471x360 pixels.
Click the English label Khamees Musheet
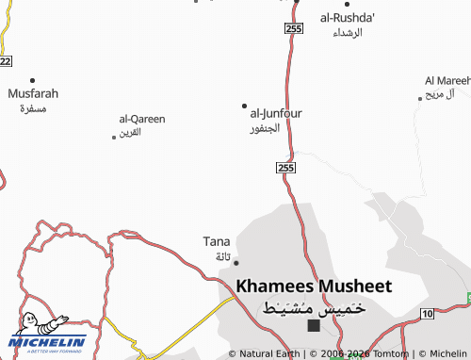coord(314,286)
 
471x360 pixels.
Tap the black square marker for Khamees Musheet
coord(314,326)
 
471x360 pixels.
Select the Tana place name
coord(217,241)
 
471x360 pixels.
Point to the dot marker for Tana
coord(235,262)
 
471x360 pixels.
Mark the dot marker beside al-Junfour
coord(245,106)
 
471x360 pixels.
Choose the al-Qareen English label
coord(142,119)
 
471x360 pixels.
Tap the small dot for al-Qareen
coord(114,138)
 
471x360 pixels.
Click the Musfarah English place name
coord(33,94)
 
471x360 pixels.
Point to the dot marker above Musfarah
coord(33,80)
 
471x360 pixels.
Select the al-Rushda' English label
coord(348,18)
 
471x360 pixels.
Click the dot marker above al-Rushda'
coord(347,5)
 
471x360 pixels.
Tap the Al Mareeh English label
coord(447,81)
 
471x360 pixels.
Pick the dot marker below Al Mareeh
coord(420,97)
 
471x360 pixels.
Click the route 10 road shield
coord(428,313)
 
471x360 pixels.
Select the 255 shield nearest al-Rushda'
coord(293,30)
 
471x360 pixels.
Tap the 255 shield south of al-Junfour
coord(287,167)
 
